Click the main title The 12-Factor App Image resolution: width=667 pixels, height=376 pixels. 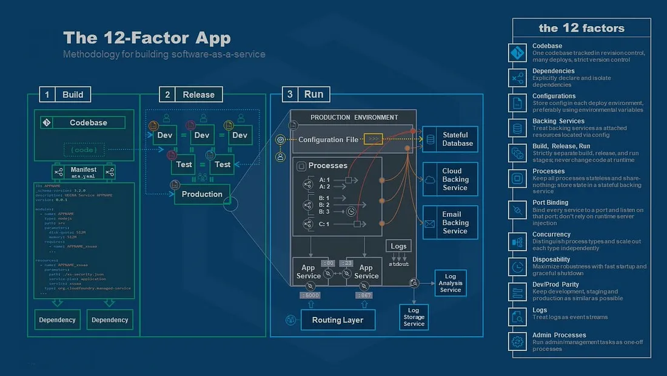tap(147, 38)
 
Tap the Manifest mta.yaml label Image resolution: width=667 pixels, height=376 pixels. tap(84, 172)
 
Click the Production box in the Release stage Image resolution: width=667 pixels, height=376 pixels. tap(202, 194)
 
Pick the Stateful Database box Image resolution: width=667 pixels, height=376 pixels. tap(451, 139)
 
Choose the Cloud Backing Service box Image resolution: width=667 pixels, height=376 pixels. tap(451, 179)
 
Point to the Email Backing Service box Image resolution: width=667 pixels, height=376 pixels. tap(451, 222)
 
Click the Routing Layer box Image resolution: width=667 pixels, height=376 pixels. tap(338, 320)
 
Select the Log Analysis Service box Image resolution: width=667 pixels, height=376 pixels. tap(450, 283)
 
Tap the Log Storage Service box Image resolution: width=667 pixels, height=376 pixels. tap(414, 317)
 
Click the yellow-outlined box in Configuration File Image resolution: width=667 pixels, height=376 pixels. tap(374, 139)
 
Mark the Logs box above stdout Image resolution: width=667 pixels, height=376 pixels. tap(398, 246)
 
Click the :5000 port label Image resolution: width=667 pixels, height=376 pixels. tap(310, 295)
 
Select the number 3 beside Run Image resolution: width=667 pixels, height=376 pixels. tap(290, 94)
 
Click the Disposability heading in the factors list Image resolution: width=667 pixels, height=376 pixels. tap(551, 259)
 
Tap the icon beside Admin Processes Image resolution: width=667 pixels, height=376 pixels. tap(517, 341)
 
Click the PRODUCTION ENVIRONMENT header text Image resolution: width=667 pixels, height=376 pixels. tap(354, 117)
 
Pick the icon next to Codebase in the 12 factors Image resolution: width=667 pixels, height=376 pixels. tap(517, 53)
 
